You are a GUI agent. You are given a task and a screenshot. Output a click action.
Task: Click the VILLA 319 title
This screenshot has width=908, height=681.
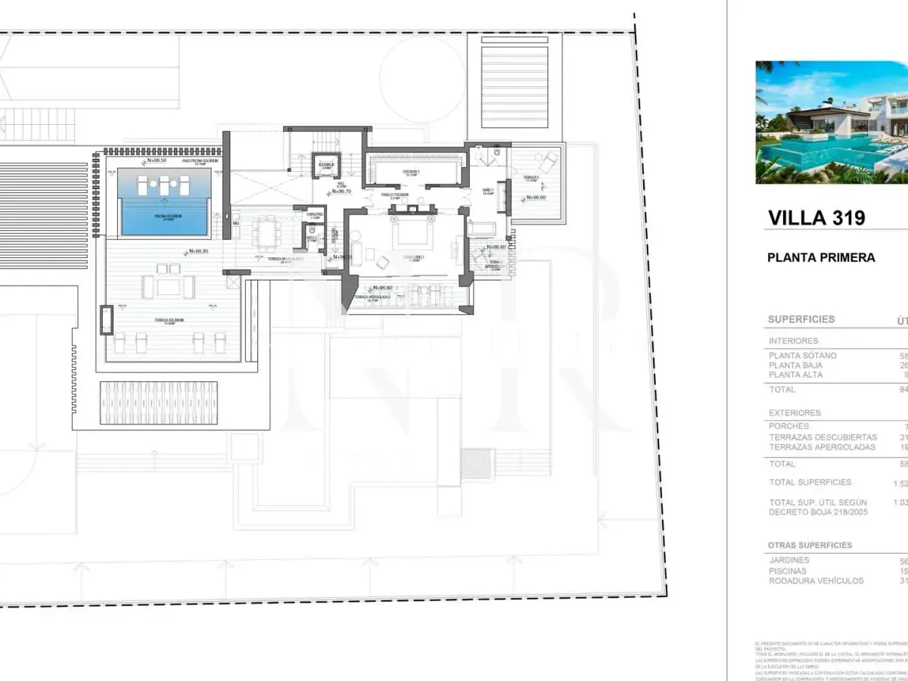pos(816,218)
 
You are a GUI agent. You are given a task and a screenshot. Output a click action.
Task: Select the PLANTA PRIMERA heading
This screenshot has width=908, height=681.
pos(821,257)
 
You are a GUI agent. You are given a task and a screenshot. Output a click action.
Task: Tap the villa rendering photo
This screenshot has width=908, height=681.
pos(831,123)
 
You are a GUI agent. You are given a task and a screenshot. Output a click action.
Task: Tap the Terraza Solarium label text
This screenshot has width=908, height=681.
pos(169,320)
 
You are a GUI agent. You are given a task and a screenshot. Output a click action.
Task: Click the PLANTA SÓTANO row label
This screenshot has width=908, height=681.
pos(803,356)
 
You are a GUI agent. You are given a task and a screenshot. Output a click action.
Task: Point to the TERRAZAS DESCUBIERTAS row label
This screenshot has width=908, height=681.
pos(823,437)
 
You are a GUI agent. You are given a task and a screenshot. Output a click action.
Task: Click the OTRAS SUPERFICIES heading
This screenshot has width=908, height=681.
pos(810,545)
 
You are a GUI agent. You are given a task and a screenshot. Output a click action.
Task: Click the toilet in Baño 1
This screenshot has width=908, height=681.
pos(494,154)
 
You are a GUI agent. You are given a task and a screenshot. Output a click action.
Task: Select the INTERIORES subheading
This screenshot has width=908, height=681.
pos(794,341)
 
